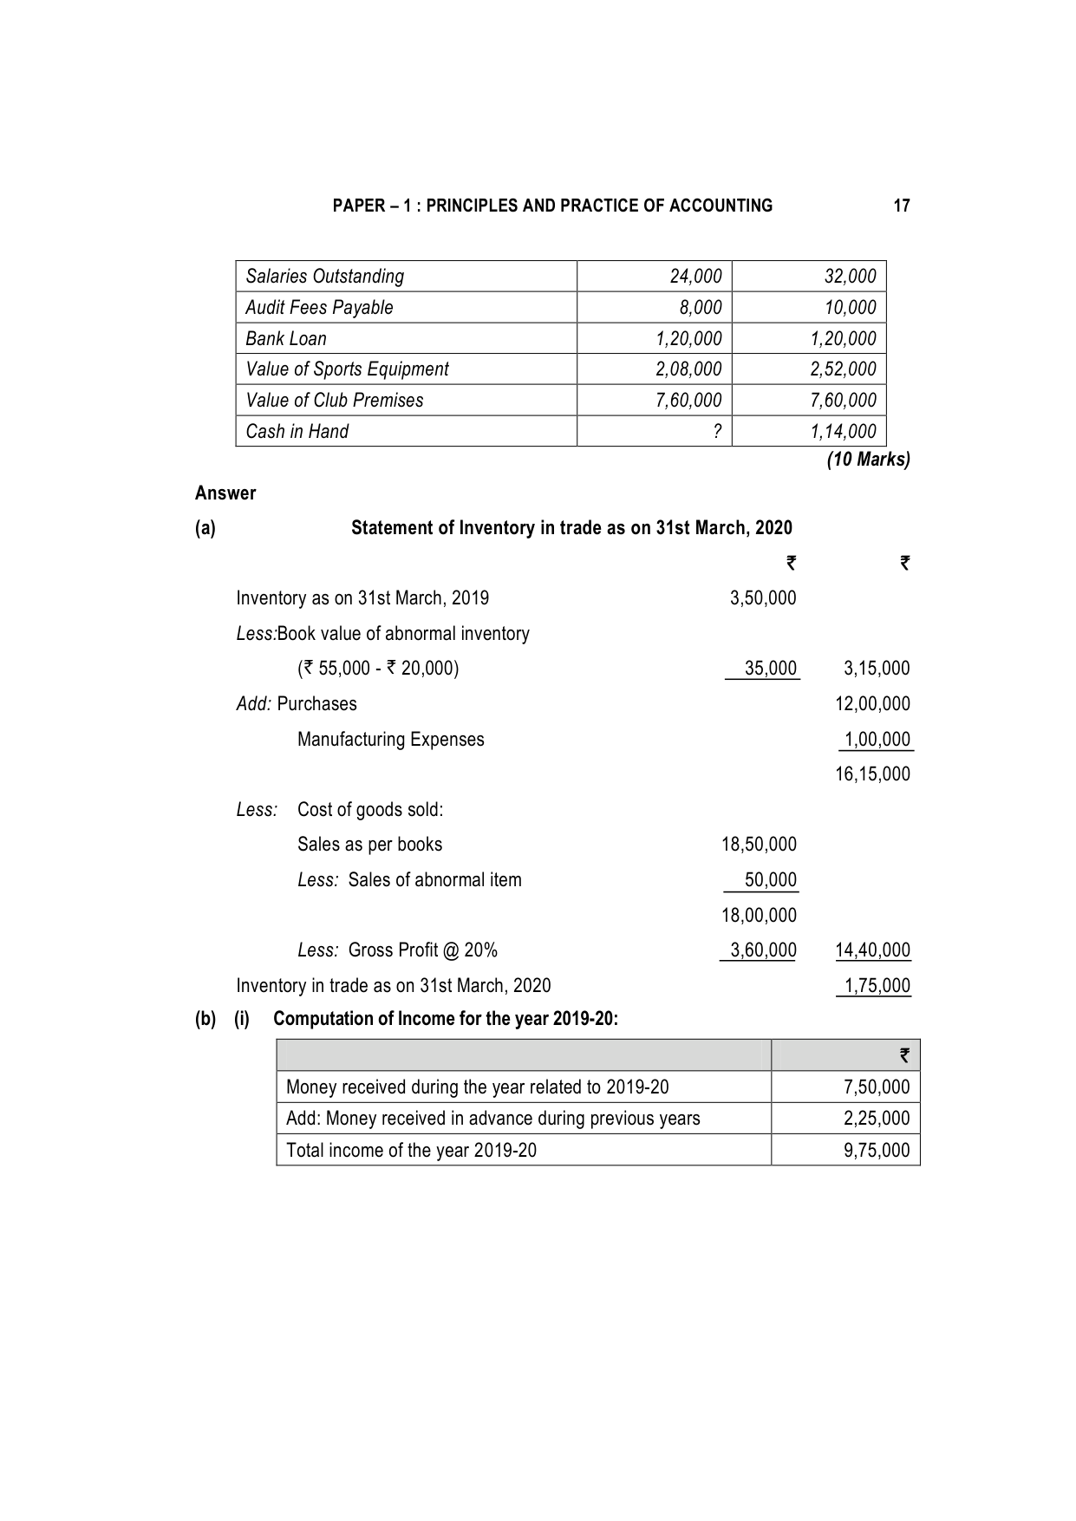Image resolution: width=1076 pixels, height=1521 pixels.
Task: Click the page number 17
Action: pos(902,206)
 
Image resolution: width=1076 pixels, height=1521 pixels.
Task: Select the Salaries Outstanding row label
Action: pos(324,276)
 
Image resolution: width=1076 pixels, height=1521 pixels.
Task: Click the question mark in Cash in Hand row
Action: pos(716,431)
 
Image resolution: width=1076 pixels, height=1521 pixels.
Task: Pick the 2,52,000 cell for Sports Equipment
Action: pos(843,369)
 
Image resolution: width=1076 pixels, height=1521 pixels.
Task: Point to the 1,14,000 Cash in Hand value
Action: pos(843,431)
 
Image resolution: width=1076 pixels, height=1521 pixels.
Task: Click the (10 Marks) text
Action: pos(868,460)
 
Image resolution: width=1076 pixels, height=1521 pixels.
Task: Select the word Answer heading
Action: pos(225,493)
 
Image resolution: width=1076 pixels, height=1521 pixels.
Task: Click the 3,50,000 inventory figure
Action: pos(763,597)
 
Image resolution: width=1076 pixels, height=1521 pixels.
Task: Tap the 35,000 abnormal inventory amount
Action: pos(771,668)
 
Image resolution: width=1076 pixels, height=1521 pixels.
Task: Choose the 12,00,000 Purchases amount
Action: pos(872,703)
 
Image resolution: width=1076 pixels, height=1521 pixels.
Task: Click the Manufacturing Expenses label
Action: pos(390,739)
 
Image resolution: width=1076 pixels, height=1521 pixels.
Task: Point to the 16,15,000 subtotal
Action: pos(872,774)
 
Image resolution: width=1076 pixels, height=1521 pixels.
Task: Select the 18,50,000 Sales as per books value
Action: pos(759,844)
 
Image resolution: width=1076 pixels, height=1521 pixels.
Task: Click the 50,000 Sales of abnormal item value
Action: pos(771,879)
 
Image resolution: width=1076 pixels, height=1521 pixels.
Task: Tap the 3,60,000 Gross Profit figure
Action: pos(763,950)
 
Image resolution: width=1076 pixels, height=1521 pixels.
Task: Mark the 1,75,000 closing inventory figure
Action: pos(877,985)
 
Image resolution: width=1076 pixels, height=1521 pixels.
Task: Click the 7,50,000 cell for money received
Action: pos(877,1087)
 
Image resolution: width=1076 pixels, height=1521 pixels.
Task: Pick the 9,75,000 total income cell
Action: pos(877,1150)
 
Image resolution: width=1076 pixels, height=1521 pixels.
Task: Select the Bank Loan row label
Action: pos(286,338)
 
